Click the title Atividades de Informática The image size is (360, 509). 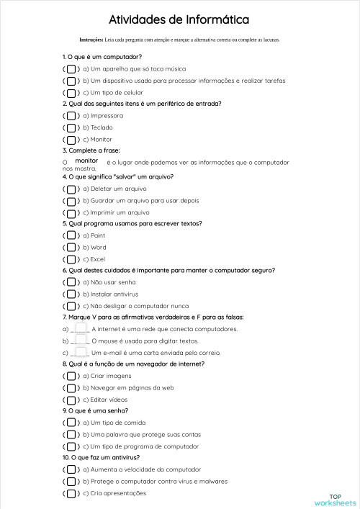click(179, 19)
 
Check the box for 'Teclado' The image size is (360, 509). click(71, 127)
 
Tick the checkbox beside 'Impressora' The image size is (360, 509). click(71, 116)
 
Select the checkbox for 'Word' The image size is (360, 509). click(71, 248)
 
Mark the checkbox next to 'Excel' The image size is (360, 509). click(71, 259)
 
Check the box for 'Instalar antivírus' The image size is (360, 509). click(71, 294)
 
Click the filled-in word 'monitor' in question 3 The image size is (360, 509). click(86, 161)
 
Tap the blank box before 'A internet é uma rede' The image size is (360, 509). click(81, 328)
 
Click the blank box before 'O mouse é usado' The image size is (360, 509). click(81, 341)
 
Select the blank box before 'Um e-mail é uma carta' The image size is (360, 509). click(81, 353)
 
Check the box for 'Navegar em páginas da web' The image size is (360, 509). click(71, 388)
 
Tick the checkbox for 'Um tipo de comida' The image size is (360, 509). click(71, 423)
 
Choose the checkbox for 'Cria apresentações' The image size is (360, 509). click(71, 493)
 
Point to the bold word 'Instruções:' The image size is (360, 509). click(91, 40)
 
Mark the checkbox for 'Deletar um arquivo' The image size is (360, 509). click(71, 189)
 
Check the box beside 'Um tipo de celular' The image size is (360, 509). click(71, 93)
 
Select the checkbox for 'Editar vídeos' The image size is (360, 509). click(71, 400)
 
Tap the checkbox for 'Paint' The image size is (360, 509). click(71, 235)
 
